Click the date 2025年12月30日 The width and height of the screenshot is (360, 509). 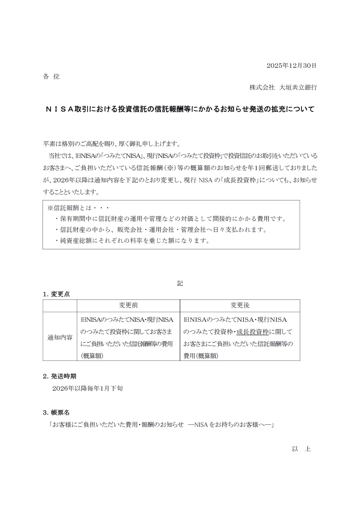(x=291, y=66)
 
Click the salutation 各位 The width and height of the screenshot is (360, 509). (x=51, y=77)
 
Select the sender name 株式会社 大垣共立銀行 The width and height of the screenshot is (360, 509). (x=283, y=87)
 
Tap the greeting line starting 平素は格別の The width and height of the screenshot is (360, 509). (x=111, y=144)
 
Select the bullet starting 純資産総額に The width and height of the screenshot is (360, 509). (x=132, y=241)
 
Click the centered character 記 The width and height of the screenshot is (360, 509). (x=180, y=283)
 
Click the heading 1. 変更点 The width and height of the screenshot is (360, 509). (x=57, y=294)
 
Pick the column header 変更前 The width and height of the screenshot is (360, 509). (x=128, y=305)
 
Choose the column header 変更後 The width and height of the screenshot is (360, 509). (x=240, y=305)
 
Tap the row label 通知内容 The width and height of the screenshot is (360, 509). (x=60, y=337)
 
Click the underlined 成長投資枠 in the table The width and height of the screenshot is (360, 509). (x=252, y=332)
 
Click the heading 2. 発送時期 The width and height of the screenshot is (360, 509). (x=60, y=376)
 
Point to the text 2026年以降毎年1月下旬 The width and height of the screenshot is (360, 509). (x=88, y=388)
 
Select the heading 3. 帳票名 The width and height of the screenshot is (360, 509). (x=56, y=412)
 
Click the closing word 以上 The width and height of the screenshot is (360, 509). (x=301, y=449)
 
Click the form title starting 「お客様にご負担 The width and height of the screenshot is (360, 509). (x=162, y=425)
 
